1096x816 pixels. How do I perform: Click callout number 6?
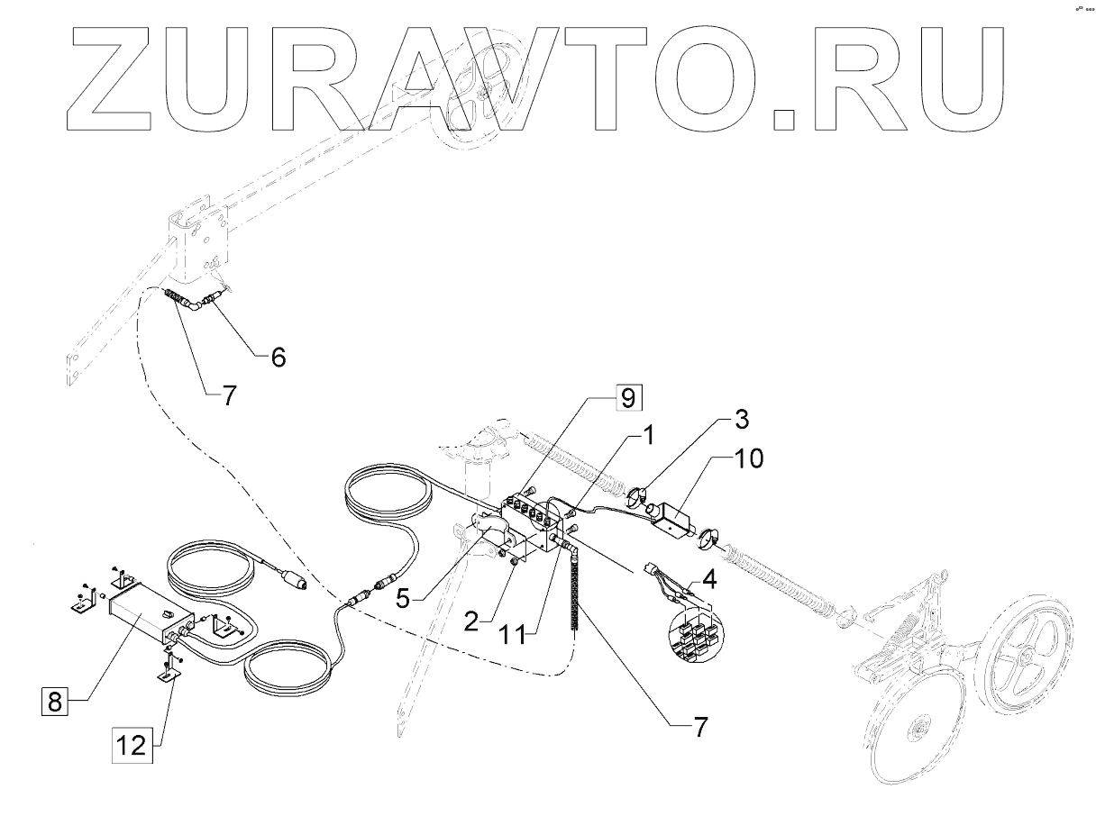(x=278, y=358)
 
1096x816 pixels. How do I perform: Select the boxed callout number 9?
(x=628, y=396)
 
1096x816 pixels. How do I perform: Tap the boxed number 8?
(x=54, y=702)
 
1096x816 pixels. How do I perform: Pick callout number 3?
(x=740, y=419)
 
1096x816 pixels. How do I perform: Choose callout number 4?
(x=709, y=578)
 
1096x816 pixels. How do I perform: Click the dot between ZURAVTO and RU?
(x=787, y=120)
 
